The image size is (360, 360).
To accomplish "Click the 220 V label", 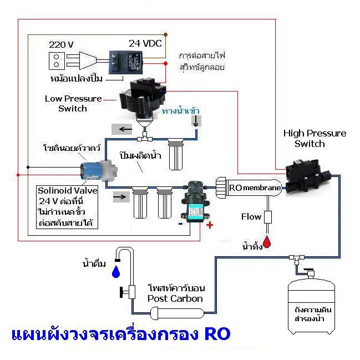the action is [x=61, y=44].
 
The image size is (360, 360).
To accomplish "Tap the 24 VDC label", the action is [x=145, y=43].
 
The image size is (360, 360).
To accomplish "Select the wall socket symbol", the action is [x=56, y=61].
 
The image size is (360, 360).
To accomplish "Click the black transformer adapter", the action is [x=125, y=62].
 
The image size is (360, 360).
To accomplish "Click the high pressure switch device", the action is [x=307, y=176].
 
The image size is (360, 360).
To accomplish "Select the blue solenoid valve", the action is [x=99, y=171].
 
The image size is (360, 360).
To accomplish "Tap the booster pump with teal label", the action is [x=195, y=201].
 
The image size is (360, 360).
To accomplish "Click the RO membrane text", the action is [x=255, y=188].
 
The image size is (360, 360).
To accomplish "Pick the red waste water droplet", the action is [x=267, y=242].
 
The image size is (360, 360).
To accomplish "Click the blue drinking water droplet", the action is [x=116, y=272].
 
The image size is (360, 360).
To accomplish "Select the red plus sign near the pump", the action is [x=209, y=225].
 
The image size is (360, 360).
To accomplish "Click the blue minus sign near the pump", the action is [x=181, y=224].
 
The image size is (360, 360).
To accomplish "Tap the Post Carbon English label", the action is [x=175, y=298].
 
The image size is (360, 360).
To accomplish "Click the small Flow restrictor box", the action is [x=268, y=217].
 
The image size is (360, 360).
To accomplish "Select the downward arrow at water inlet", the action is [x=196, y=121].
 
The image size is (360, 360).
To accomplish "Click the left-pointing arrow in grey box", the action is [x=121, y=129].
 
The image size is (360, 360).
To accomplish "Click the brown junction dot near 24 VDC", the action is [x=165, y=34].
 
